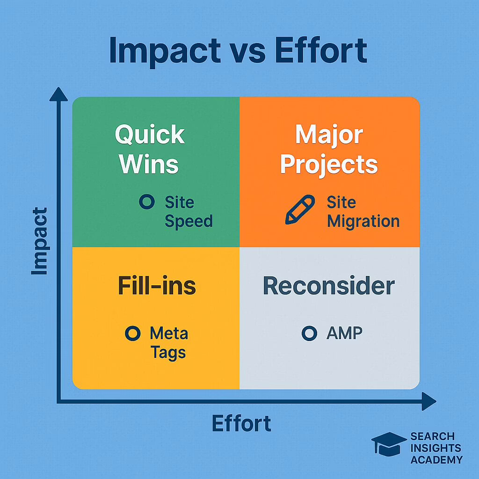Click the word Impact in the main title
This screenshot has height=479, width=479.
(x=165, y=51)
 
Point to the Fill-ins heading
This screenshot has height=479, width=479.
(x=157, y=286)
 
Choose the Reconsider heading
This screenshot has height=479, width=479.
(x=329, y=286)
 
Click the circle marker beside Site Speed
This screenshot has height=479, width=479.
(x=147, y=202)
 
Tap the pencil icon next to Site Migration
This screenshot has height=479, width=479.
(x=300, y=210)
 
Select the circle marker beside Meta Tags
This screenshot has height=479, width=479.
(x=133, y=333)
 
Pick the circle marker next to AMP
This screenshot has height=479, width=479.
(x=310, y=333)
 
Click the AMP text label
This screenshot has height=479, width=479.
(x=344, y=333)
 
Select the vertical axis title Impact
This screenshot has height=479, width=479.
(x=40, y=241)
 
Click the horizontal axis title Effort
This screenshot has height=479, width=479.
(x=241, y=423)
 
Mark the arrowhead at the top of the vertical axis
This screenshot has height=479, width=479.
(x=58, y=94)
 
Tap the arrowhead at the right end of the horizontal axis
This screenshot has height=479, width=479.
(x=429, y=401)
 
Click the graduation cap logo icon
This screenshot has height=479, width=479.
(x=389, y=444)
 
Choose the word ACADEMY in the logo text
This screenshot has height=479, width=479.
(x=436, y=459)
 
